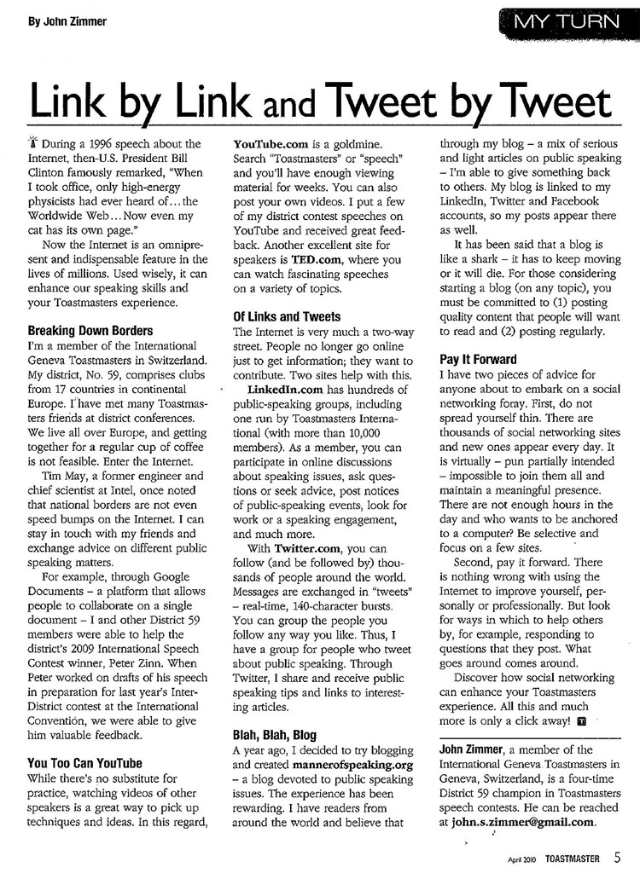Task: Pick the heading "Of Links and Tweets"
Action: pos(287,316)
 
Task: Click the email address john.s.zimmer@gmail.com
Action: pos(522,822)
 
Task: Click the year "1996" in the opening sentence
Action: pos(108,144)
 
